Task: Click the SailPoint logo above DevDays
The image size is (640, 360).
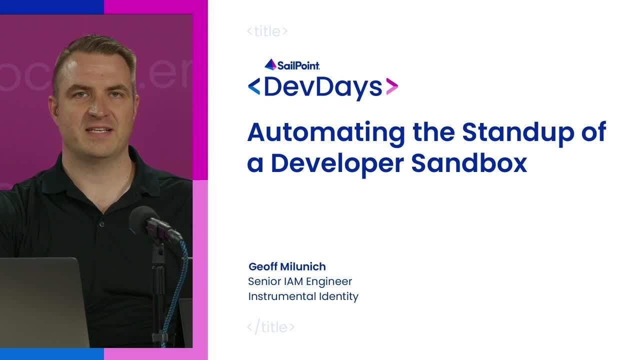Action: [x=292, y=64]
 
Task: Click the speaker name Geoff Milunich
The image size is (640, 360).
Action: [x=287, y=266]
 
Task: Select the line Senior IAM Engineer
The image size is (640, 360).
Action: [x=300, y=281]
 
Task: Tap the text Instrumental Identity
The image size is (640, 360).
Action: [x=303, y=296]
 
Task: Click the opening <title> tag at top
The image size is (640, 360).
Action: [x=267, y=31]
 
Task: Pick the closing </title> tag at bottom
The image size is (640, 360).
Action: [x=271, y=327]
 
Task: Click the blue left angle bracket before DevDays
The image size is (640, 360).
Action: [x=254, y=87]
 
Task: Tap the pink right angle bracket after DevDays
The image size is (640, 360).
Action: [x=392, y=87]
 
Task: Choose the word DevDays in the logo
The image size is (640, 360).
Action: [x=322, y=87]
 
